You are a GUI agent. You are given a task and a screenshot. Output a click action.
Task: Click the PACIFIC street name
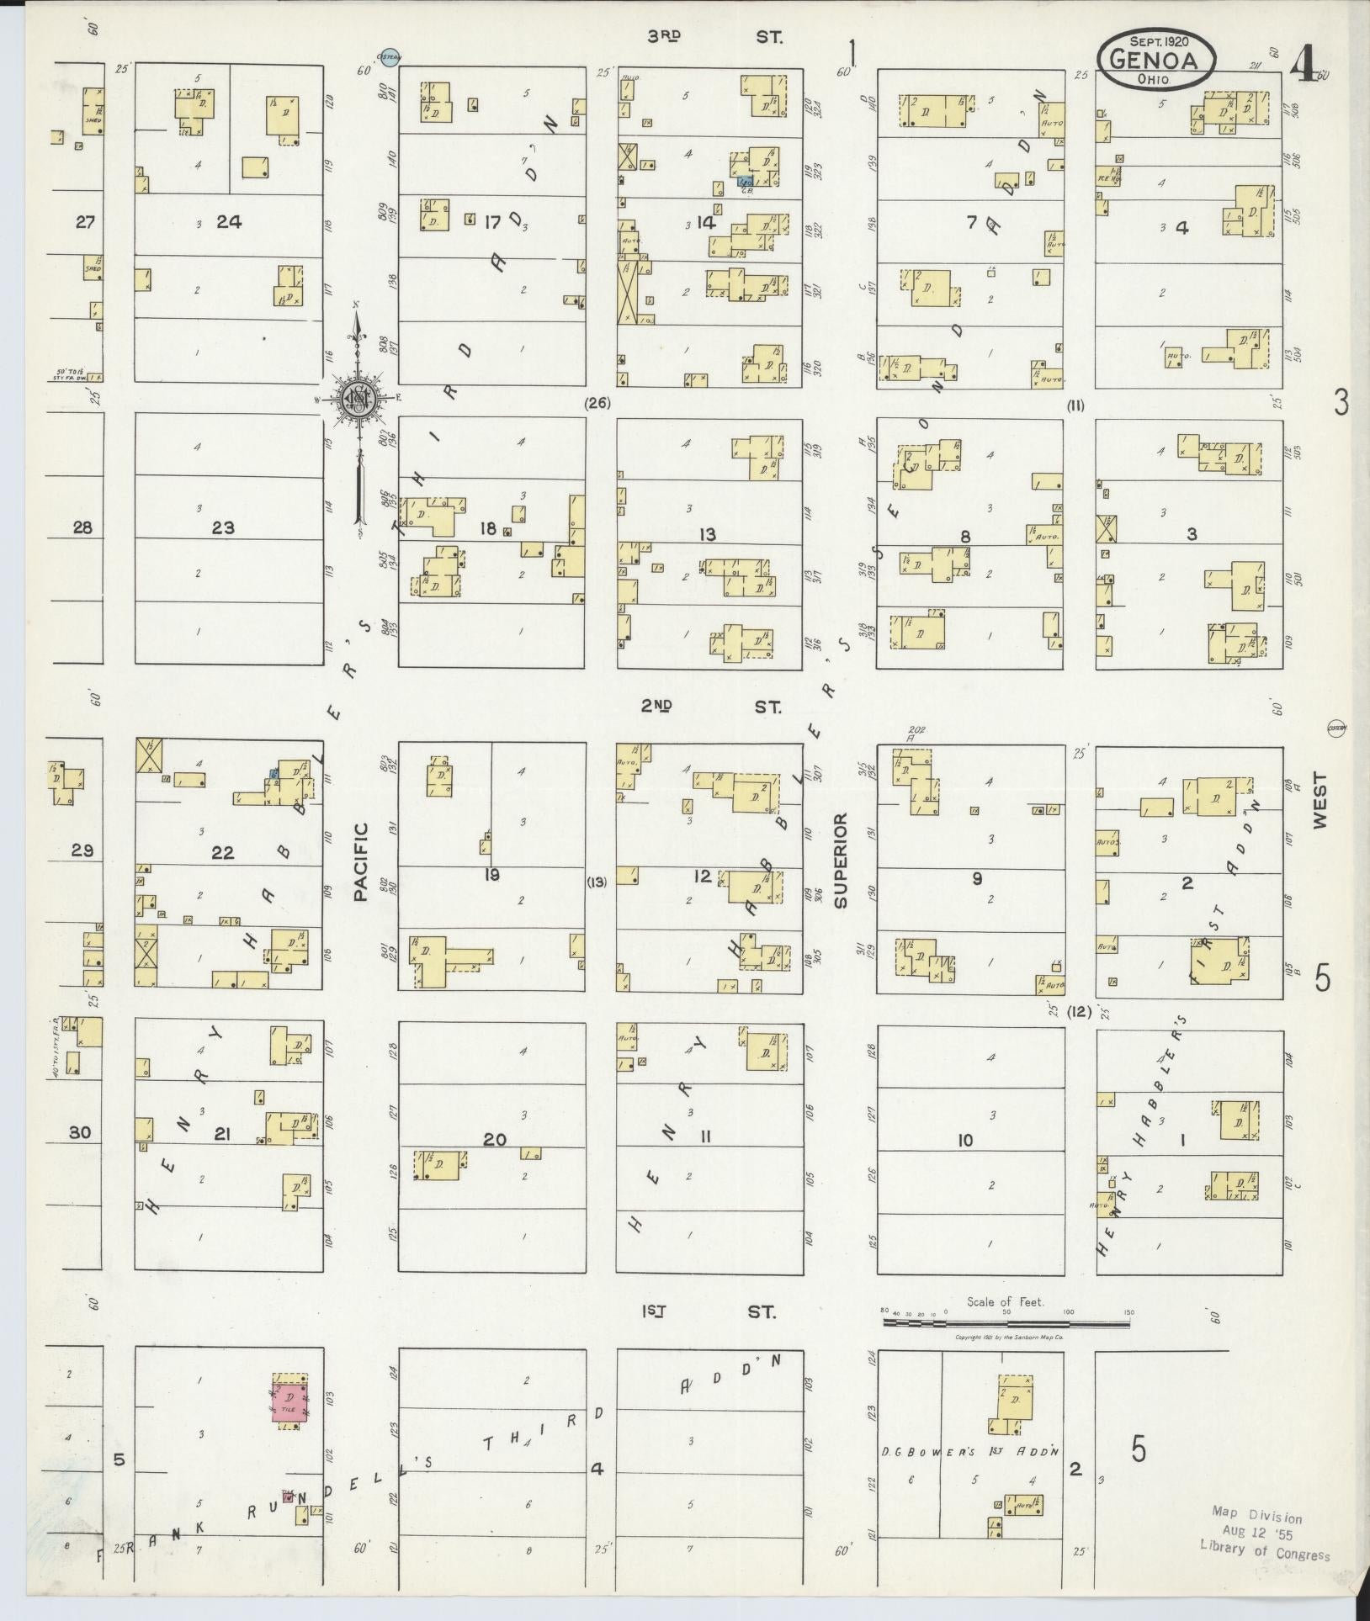(x=362, y=862)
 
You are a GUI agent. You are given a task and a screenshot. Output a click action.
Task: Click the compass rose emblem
(x=358, y=399)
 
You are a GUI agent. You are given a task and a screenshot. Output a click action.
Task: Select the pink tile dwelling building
(x=289, y=1400)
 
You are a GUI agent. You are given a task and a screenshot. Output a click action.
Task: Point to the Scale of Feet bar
(x=1006, y=1323)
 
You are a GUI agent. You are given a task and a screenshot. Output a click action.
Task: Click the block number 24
(x=229, y=222)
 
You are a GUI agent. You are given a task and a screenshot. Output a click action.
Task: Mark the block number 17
(x=492, y=222)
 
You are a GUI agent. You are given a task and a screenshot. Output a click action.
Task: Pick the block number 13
(x=707, y=535)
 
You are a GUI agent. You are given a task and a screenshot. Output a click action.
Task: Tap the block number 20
(x=494, y=1140)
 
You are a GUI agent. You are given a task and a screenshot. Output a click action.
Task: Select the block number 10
(x=964, y=1141)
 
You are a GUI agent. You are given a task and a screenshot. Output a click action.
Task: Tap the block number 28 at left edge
(x=82, y=528)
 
